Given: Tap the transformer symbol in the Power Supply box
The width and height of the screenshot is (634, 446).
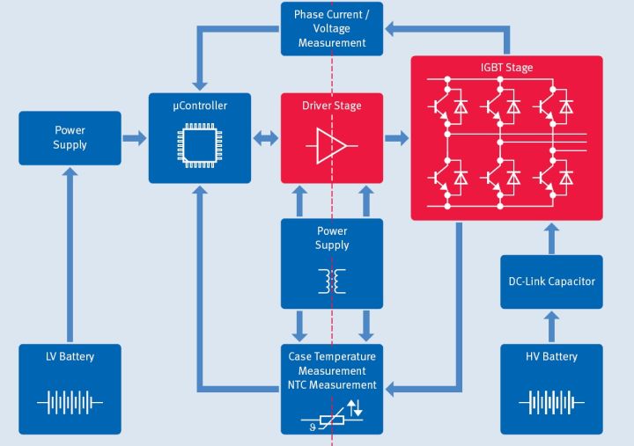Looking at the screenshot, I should click(332, 281).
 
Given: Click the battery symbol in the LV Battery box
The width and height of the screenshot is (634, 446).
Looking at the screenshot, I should click(70, 403).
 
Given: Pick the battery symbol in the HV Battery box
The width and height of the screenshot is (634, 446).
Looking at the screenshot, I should click(551, 403).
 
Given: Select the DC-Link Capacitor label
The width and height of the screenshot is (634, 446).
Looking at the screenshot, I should click(551, 281).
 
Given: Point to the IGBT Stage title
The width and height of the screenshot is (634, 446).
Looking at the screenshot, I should click(507, 68).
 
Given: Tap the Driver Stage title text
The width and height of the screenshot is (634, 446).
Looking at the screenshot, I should click(332, 106).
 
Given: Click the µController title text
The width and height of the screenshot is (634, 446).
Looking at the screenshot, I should click(199, 106).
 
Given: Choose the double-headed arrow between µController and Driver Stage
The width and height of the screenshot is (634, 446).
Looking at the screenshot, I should click(265, 138).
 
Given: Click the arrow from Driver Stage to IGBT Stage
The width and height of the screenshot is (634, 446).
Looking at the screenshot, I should click(397, 138).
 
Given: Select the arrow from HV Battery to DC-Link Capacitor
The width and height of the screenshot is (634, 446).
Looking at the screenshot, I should click(551, 326).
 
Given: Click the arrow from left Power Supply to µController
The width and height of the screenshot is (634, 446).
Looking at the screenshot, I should click(134, 138).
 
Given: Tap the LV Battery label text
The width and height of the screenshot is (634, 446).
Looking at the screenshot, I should click(70, 356).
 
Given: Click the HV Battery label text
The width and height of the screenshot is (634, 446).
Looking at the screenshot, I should click(551, 356).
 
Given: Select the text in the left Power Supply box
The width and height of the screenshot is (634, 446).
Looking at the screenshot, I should click(70, 138).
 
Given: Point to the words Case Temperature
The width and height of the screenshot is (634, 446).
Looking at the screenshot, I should click(332, 356).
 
